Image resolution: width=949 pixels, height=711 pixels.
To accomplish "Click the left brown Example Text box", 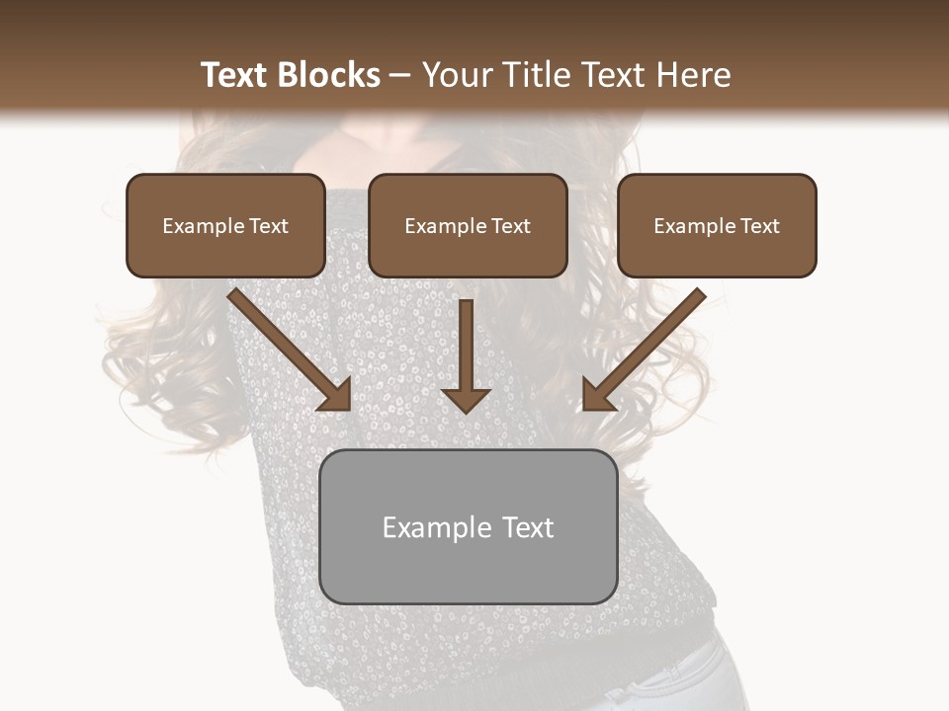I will [x=225, y=225].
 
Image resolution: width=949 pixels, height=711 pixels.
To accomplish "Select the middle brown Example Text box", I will [x=468, y=225].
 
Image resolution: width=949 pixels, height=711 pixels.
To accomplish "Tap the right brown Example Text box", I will [x=717, y=225].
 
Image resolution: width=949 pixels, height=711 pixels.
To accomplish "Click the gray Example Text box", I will [x=469, y=526].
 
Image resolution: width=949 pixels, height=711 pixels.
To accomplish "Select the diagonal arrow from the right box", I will [x=647, y=346].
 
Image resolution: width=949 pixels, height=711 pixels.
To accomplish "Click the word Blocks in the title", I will [x=329, y=75].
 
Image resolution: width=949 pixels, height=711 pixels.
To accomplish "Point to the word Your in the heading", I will [x=456, y=75].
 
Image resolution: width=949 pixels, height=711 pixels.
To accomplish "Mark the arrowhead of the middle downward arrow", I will [x=466, y=399].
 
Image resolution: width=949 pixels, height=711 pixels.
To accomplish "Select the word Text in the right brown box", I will [x=758, y=226].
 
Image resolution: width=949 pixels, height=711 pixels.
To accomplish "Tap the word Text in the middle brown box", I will [x=509, y=226].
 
